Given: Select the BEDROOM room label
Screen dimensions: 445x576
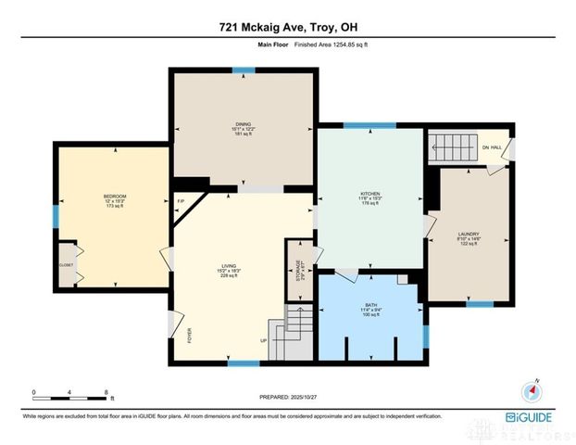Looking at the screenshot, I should [114, 197].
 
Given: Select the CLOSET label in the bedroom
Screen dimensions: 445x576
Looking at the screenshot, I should [66, 264].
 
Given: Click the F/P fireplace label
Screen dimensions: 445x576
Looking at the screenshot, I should [181, 202].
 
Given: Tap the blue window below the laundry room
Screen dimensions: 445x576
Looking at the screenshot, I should [479, 304].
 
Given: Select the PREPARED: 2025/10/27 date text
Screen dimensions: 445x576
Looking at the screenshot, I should [287, 397].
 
